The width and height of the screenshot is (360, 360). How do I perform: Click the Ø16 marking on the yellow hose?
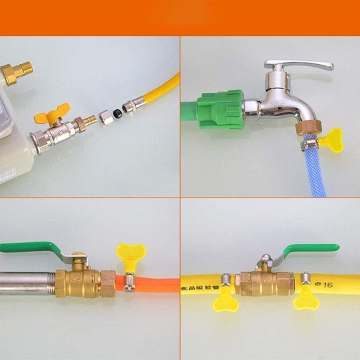324,283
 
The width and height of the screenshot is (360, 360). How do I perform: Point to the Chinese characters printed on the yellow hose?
204,282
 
